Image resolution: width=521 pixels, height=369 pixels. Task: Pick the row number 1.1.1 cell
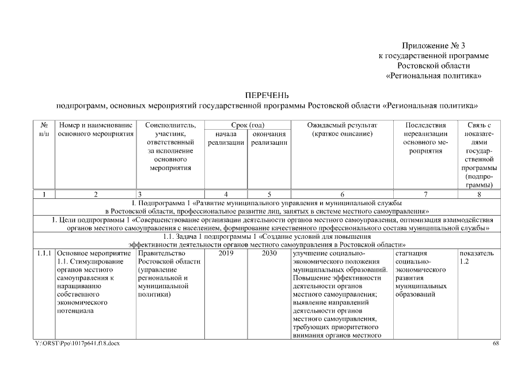pyautogui.click(x=44, y=253)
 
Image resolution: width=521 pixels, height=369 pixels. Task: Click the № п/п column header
pyautogui.click(x=44, y=130)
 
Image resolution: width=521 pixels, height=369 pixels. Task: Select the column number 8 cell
pyautogui.click(x=479, y=194)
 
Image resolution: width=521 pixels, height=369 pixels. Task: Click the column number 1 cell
pyautogui.click(x=44, y=194)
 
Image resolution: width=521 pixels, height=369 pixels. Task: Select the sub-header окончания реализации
pyautogui.click(x=269, y=138)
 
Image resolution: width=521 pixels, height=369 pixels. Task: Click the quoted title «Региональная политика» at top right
pyautogui.click(x=433, y=76)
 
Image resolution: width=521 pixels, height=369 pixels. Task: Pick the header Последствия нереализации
pyautogui.click(x=425, y=130)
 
